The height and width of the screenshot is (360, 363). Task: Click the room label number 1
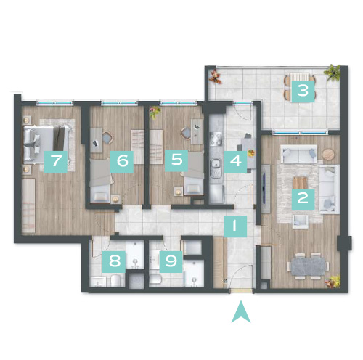click(235, 226)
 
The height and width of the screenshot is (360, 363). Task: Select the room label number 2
click(303, 200)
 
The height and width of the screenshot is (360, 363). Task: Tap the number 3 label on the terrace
click(303, 91)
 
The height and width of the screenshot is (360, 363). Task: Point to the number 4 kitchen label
click(235, 161)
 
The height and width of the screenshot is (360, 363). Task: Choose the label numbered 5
click(176, 160)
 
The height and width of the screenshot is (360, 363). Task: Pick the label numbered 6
click(122, 161)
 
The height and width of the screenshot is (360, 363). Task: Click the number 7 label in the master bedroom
click(56, 161)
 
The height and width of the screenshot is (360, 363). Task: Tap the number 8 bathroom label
click(114, 262)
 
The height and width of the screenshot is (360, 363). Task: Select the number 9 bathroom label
click(171, 262)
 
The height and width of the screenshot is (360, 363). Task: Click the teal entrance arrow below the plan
click(241, 313)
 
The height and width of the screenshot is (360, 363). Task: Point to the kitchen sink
click(216, 167)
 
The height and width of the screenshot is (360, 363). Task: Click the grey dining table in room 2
click(308, 266)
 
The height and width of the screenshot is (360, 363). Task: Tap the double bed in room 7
click(47, 144)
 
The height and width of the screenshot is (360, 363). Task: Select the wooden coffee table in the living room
click(301, 183)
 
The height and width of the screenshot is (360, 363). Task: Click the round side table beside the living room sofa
click(328, 154)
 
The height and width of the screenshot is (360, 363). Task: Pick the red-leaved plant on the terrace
click(216, 77)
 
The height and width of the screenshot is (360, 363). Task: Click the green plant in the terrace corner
click(333, 72)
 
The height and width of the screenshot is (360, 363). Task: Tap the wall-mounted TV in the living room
click(265, 189)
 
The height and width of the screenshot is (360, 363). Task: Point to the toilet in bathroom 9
click(155, 279)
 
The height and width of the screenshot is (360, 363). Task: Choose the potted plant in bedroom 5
click(155, 112)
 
